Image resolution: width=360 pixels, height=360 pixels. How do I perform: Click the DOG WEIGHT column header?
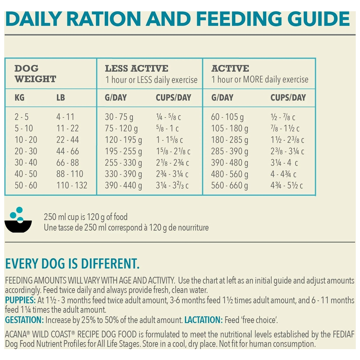tap(35, 73)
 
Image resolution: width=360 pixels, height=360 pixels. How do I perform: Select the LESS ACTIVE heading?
tap(136, 68)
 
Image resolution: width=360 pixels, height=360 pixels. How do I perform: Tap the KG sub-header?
tap(20, 97)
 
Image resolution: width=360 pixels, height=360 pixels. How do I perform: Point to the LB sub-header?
tap(60, 97)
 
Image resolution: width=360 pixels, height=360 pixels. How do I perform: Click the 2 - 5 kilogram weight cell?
tap(22, 117)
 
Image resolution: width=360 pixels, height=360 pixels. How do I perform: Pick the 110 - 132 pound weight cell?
tap(72, 185)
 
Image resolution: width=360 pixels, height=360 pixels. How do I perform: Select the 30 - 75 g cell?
tap(119, 117)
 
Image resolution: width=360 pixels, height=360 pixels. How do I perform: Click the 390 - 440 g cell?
tap(123, 185)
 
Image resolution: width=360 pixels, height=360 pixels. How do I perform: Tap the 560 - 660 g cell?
tap(229, 185)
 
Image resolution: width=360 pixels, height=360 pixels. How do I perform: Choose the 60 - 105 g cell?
tap(227, 117)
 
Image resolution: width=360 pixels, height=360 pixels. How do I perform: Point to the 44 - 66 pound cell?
tap(67, 151)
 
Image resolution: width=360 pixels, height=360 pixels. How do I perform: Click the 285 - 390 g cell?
tap(229, 151)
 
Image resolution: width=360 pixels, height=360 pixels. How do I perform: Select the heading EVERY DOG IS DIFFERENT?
tap(72, 264)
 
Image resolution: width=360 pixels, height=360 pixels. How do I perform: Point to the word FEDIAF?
tap(341, 334)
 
